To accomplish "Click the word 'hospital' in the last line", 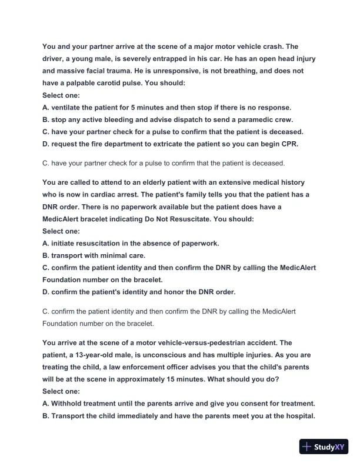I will [x=297, y=416].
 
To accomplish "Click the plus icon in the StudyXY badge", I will [x=306, y=447].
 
